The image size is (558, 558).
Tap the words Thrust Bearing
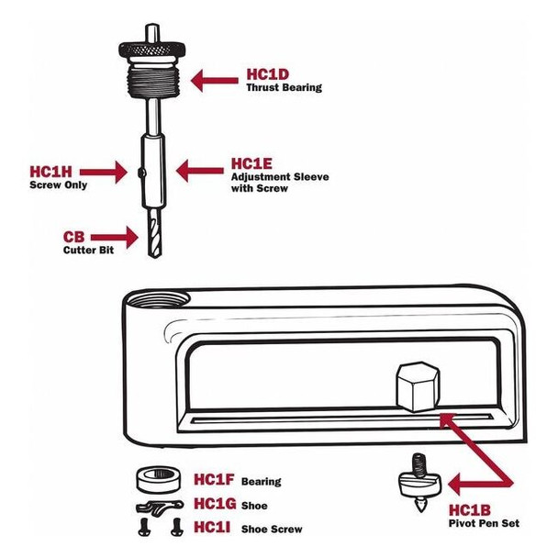[x=284, y=88]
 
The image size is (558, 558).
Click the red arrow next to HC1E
[x=198, y=170]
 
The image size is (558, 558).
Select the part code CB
[x=74, y=236]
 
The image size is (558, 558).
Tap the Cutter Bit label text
[x=88, y=250]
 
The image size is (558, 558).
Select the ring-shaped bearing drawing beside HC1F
[x=160, y=482]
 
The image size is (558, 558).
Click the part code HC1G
[x=215, y=505]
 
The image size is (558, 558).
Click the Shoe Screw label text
[x=271, y=530]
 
